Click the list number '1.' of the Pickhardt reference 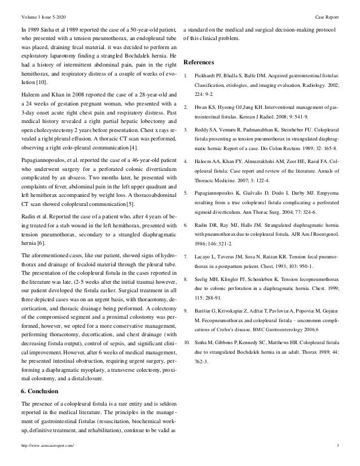pyautogui.click(x=187, y=75)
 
